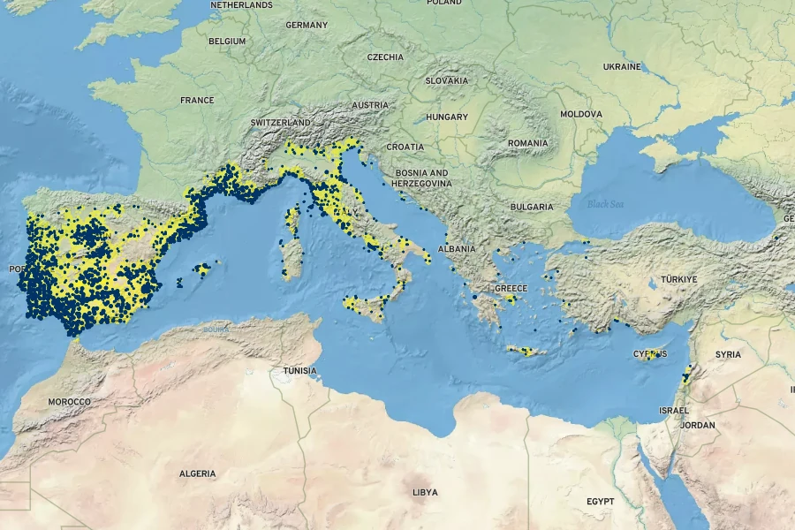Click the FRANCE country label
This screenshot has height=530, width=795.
coord(197,100)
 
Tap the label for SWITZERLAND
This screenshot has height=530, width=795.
coord(280,122)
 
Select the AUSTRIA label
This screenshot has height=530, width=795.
coord(370,105)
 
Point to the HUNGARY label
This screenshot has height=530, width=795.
coord(447,117)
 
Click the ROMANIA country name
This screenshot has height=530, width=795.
coord(528,143)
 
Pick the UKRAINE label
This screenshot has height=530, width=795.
coord(622,66)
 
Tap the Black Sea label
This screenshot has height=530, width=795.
coord(605,204)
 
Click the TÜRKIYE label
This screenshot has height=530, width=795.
coord(676,279)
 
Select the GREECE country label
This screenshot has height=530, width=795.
coord(511,289)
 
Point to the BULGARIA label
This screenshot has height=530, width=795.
coord(532,207)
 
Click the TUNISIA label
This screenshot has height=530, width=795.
coord(300,371)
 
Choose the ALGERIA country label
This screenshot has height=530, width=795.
coord(197,473)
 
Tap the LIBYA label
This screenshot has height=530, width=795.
coord(425,492)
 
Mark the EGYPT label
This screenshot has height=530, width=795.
coord(600,501)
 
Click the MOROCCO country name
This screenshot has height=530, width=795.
coord(69,402)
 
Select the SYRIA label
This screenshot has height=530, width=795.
coord(728,354)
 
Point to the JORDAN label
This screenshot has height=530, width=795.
coord(698,425)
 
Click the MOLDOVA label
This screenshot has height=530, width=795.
coord(581,114)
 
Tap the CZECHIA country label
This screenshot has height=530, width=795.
coord(385,57)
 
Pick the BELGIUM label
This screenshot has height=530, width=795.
coord(227,42)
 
